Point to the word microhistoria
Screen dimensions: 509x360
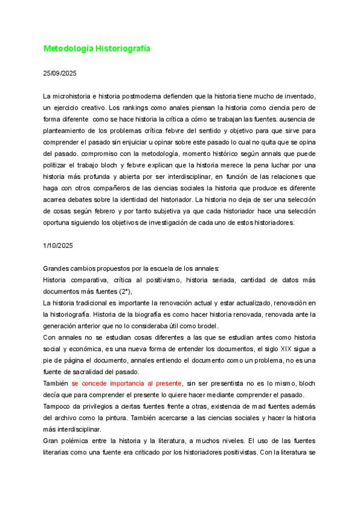coord(75,96)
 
